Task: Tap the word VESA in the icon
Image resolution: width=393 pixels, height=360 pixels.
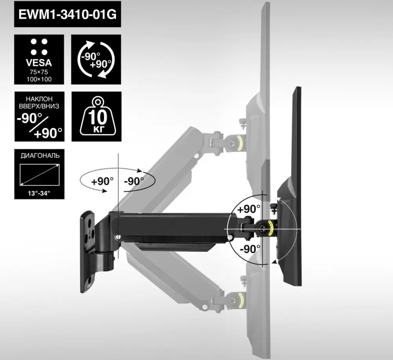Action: [39, 63]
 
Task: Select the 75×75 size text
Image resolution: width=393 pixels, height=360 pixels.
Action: [39, 72]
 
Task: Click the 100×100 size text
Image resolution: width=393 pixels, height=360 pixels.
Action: [39, 79]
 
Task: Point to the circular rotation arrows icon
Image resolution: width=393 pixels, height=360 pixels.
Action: [96, 59]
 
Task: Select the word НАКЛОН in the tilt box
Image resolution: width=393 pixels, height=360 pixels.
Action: [39, 99]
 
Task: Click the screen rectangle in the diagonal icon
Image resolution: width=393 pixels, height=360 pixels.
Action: [39, 175]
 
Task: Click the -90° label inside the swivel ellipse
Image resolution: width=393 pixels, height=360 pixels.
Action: [134, 181]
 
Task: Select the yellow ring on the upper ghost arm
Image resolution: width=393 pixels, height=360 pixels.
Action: [240, 142]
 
